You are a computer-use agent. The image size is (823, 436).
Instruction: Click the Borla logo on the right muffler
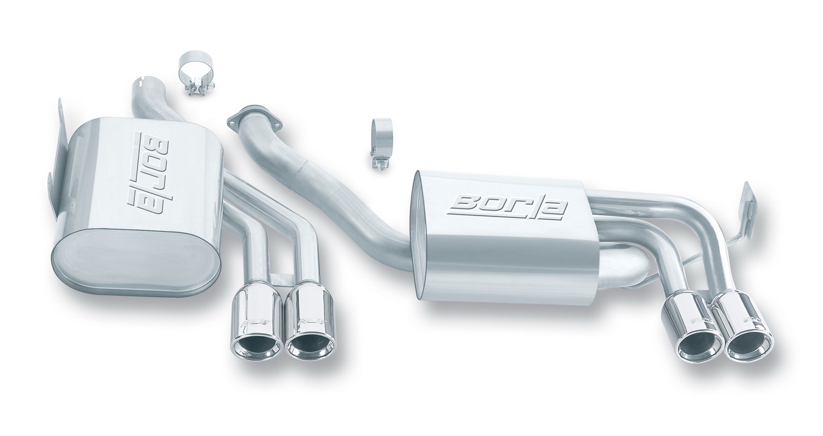click(x=508, y=207)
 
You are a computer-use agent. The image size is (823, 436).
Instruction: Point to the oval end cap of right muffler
click(x=421, y=236)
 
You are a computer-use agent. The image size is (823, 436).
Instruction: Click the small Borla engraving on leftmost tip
click(x=254, y=321)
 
